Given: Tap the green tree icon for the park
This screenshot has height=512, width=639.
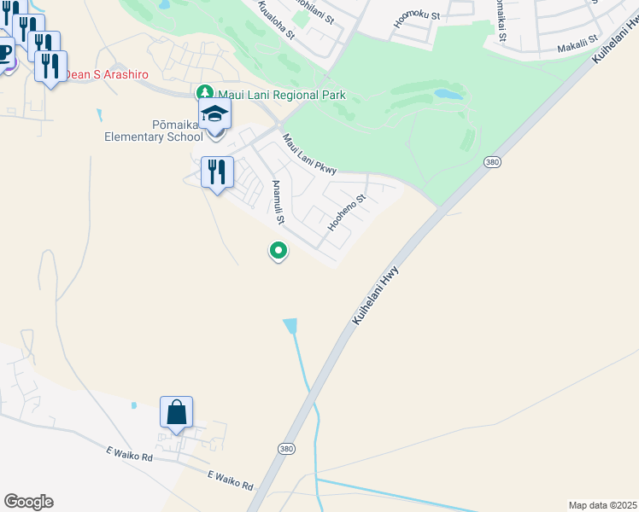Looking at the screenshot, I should click(x=204, y=92).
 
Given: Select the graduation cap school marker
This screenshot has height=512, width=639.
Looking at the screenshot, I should click(x=215, y=113).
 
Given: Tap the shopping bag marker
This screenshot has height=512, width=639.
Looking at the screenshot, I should click(x=176, y=413).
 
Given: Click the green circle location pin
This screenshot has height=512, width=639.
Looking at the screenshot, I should click(x=278, y=251).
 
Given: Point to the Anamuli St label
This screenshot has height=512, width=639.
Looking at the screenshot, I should click(x=278, y=202).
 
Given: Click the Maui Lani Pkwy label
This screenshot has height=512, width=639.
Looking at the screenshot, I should click(x=309, y=154).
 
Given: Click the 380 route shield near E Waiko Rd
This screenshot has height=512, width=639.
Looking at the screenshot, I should click(x=286, y=448).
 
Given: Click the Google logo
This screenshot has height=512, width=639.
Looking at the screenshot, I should click(x=28, y=502).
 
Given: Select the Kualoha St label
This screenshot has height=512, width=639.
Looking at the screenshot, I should click(x=278, y=23).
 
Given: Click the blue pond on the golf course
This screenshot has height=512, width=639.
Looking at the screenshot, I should click(x=448, y=94).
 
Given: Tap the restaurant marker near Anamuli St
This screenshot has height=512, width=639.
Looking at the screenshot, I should click(x=217, y=172).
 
